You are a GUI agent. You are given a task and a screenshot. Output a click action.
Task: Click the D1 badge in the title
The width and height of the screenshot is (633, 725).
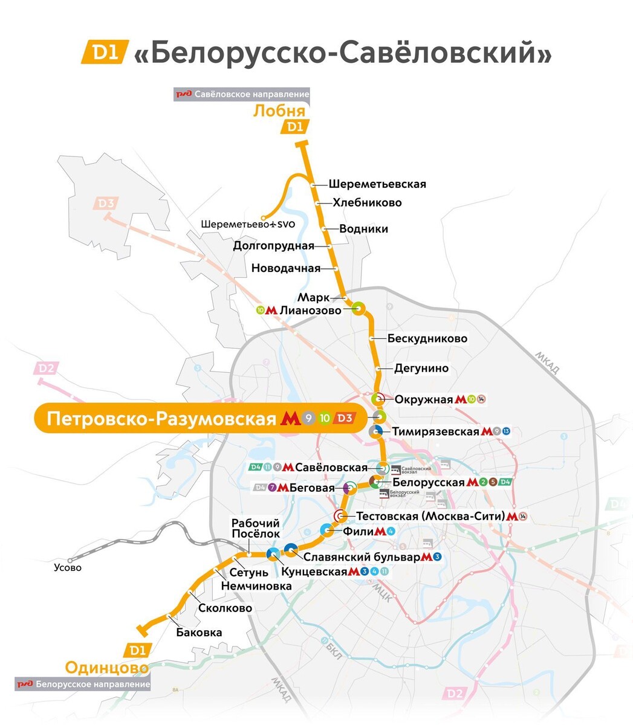point(103,53)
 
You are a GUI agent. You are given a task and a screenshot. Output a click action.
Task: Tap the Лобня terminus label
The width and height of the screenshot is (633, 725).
point(279,111)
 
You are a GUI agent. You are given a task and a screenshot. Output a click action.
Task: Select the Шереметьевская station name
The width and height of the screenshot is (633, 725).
point(377,184)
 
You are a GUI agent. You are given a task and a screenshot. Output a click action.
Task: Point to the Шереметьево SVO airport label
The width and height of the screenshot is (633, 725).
point(248,224)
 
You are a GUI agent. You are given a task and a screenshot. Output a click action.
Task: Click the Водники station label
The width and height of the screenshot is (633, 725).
point(363,229)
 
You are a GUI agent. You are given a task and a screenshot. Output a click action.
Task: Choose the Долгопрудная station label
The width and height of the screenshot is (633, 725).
point(274,246)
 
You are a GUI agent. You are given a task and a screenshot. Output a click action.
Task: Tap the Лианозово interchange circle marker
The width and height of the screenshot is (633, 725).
point(357,309)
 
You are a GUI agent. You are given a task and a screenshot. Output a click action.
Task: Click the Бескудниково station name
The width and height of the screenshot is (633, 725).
point(427,338)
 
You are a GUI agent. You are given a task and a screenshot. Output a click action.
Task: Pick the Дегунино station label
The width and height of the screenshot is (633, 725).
point(421,368)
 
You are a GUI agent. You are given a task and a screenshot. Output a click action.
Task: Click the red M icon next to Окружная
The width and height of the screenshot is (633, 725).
point(461,399)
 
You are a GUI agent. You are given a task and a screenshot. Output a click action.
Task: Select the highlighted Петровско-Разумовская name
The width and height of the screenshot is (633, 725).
point(161,419)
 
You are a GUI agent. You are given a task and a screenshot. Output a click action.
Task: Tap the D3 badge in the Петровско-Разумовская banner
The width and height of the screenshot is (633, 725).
point(344,418)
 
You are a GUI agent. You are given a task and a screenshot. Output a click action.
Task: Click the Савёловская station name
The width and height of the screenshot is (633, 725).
point(331,468)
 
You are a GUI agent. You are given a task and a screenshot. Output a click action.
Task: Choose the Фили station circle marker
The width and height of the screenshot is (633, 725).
point(327,531)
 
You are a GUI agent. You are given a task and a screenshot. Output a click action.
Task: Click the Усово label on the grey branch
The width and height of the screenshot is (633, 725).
point(67,567)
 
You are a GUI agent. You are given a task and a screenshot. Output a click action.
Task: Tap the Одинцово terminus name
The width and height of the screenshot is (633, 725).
point(106,668)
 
